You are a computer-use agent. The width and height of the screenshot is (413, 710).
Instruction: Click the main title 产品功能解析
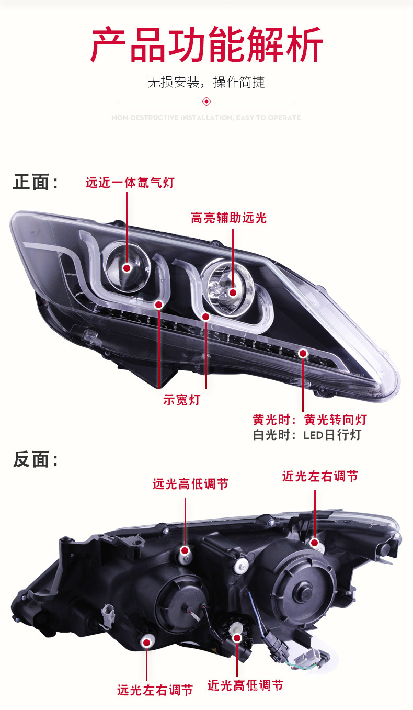click(x=206, y=46)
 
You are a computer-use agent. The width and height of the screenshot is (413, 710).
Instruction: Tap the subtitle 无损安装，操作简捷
click(x=206, y=82)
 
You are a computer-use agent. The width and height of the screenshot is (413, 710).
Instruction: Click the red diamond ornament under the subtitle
click(x=206, y=102)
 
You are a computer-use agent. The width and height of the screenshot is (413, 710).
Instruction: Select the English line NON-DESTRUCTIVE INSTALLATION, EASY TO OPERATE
click(x=206, y=118)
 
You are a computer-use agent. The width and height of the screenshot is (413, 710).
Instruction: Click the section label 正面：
click(x=36, y=183)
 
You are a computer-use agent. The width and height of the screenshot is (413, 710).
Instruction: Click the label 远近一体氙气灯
click(x=130, y=183)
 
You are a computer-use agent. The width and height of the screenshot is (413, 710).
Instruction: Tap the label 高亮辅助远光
click(x=228, y=218)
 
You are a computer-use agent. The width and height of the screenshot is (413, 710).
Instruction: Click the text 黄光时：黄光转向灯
click(x=309, y=420)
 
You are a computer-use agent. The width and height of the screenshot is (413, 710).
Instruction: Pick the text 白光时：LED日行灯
click(x=307, y=435)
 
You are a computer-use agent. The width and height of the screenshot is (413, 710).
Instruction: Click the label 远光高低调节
click(x=190, y=484)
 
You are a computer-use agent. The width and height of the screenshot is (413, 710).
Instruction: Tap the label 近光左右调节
click(x=320, y=476)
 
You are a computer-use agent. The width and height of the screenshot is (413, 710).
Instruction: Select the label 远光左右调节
click(x=155, y=690)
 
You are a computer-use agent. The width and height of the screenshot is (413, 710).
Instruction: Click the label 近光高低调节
click(x=245, y=685)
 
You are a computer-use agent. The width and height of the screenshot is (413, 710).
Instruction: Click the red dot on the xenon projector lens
click(x=127, y=268)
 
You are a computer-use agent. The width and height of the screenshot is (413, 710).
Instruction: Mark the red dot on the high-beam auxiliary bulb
click(x=232, y=293)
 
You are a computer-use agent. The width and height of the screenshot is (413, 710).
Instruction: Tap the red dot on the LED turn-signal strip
click(x=303, y=354)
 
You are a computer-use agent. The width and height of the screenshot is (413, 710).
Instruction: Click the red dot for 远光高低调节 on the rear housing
click(x=185, y=550)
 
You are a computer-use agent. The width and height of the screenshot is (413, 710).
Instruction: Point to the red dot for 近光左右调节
click(x=314, y=543)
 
